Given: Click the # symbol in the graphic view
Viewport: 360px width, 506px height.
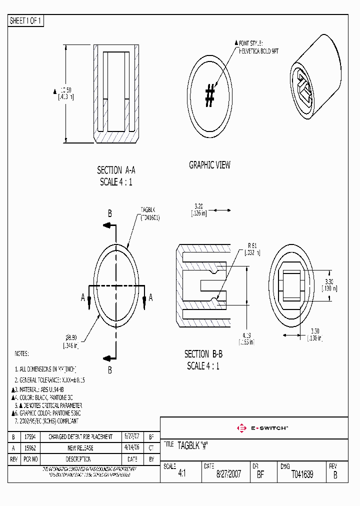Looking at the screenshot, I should (210, 95).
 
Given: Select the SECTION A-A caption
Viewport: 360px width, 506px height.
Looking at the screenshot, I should (116, 170).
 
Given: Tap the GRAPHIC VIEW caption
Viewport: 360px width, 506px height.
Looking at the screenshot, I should (209, 165).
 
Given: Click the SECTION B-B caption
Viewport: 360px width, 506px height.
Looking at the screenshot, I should (203, 354).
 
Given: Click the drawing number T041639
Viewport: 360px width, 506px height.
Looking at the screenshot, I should (302, 474).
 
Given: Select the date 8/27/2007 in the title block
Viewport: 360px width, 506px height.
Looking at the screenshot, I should (228, 474).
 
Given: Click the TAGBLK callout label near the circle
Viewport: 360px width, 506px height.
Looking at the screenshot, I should (149, 210).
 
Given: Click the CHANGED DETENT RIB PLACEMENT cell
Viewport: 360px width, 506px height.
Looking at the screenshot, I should (80, 437).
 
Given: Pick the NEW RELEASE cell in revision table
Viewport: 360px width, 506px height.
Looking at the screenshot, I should (80, 448).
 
